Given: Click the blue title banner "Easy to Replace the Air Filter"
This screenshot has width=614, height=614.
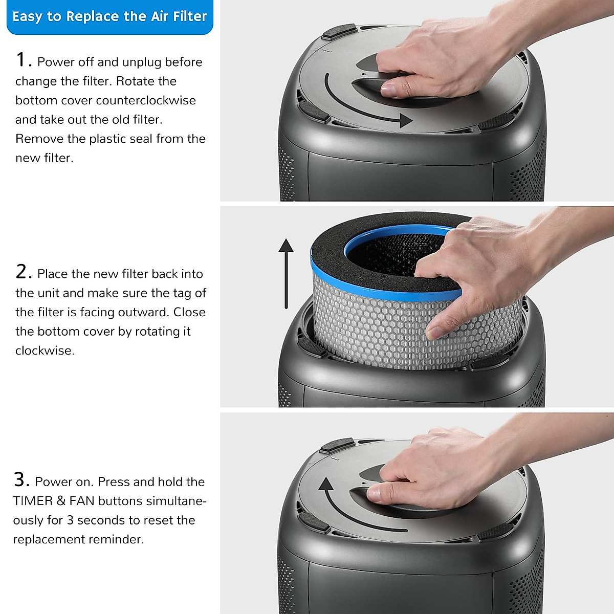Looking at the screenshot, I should (x=109, y=17).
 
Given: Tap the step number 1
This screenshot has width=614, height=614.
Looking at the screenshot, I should (x=22, y=60).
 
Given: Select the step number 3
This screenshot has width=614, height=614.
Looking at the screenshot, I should (x=21, y=480).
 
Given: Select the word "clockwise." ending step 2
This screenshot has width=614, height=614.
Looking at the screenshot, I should (x=45, y=350).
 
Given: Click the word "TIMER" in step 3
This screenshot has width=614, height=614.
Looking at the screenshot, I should (x=33, y=501).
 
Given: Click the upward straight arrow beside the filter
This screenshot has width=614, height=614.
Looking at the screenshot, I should (x=286, y=273).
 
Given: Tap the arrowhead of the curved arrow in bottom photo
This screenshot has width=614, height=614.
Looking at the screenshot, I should (x=326, y=484).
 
